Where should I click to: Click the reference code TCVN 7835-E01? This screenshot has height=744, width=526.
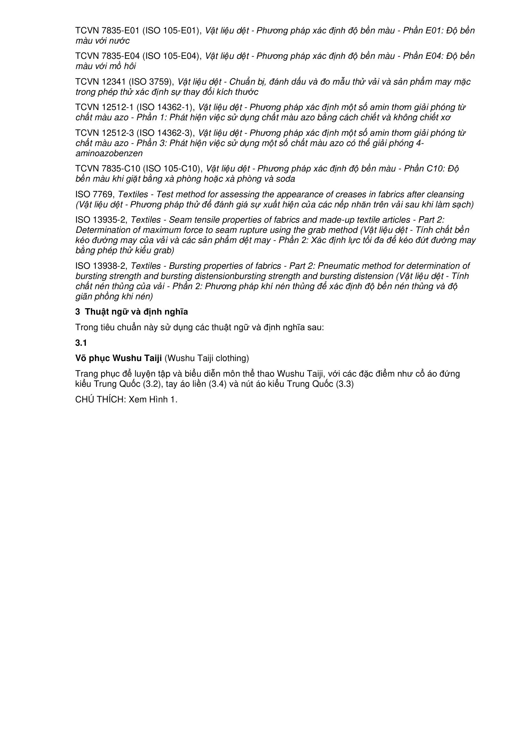click(107, 31)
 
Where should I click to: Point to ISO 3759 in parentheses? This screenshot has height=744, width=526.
click(152, 82)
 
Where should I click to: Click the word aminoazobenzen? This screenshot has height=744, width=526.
click(109, 153)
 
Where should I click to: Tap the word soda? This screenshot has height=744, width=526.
click(285, 179)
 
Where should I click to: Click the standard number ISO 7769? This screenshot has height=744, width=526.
click(94, 194)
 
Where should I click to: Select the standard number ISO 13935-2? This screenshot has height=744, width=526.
click(100, 220)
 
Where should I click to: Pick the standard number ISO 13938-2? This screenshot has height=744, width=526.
click(100, 266)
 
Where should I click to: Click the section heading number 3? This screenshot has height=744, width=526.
click(78, 312)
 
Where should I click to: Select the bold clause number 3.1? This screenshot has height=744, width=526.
click(81, 343)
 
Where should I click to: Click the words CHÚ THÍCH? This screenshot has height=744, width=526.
click(100, 400)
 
